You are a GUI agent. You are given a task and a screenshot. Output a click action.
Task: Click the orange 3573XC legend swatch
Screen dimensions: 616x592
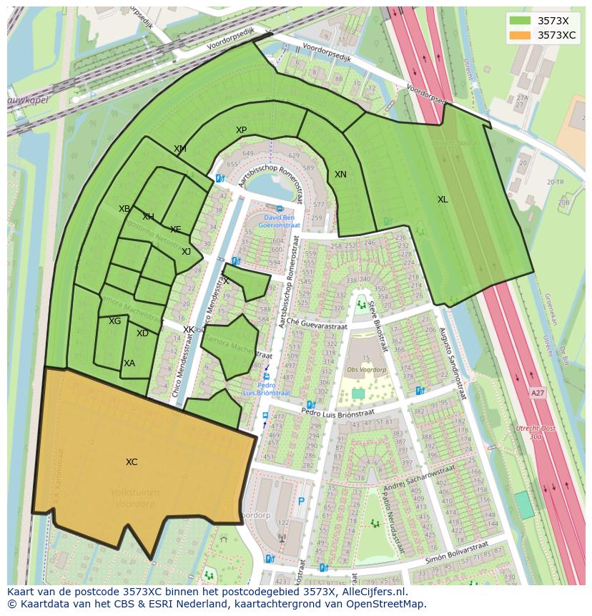pyautogui.click(x=520, y=35)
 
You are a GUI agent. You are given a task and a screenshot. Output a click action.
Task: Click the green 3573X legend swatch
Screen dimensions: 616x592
pyautogui.click(x=520, y=21)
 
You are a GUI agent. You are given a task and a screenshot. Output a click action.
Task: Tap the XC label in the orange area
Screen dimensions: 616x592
pyautogui.click(x=132, y=462)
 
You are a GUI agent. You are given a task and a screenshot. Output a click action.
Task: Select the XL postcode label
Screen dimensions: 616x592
pyautogui.click(x=443, y=200)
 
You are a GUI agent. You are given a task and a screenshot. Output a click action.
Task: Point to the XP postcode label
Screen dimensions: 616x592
pyautogui.click(x=241, y=130)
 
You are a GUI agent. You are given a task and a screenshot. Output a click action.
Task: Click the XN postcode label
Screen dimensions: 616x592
pyautogui.click(x=340, y=175)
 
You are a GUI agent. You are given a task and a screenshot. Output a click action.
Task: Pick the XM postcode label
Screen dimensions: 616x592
pyautogui.click(x=179, y=149)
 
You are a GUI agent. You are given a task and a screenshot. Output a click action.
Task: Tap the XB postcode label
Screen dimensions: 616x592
pyautogui.click(x=124, y=209)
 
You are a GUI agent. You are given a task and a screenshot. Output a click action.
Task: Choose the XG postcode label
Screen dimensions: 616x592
pyautogui.click(x=114, y=321)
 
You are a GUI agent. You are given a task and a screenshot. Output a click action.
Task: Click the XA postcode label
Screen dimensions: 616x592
pyautogui.click(x=129, y=363)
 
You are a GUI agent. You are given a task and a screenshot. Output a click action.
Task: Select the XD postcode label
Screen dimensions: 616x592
pyautogui.click(x=142, y=333)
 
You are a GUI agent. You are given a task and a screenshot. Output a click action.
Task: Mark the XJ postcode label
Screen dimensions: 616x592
pyautogui.click(x=186, y=251)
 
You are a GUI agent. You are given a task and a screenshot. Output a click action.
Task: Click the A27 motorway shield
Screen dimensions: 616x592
pyautogui.click(x=537, y=393)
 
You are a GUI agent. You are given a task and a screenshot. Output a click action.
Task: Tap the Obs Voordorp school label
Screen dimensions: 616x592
pyautogui.click(x=366, y=370)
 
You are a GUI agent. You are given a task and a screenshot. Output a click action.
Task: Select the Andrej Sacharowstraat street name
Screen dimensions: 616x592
pyautogui.click(x=419, y=478)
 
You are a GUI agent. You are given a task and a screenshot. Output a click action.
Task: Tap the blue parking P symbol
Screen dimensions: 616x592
pyautogui.click(x=301, y=502)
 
